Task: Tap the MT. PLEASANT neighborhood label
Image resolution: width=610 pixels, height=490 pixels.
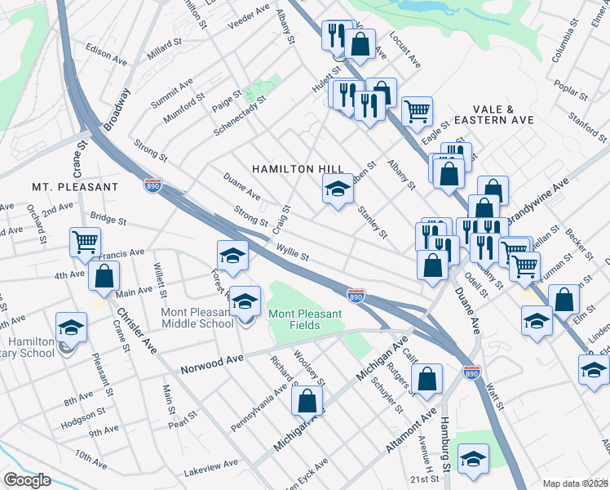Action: click(x=75, y=187)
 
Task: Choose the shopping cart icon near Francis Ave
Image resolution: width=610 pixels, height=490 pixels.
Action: click(x=85, y=242)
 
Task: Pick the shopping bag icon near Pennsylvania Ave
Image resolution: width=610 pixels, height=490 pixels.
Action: click(x=307, y=401)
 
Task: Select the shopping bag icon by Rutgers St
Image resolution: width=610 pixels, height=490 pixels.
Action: click(x=427, y=378)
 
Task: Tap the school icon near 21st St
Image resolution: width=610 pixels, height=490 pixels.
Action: click(x=472, y=459)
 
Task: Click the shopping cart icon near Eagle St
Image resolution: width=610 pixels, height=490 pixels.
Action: click(x=417, y=111)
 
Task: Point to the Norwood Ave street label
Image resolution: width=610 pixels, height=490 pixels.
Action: click(x=213, y=359)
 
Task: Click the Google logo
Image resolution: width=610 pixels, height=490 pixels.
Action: click(x=27, y=480)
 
